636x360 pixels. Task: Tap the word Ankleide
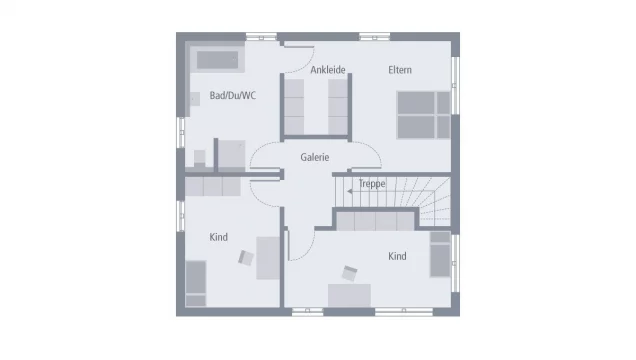pos(328,70)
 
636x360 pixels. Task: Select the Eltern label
pos(400,70)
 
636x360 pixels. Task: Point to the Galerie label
pos(315,157)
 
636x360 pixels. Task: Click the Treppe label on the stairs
pos(372,185)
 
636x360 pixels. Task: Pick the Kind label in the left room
pos(218,237)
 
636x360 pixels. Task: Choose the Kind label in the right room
pos(397,256)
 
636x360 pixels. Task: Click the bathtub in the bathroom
pos(218,60)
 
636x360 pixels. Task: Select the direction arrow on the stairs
pos(350,185)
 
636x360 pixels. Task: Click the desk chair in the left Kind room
pos(246,257)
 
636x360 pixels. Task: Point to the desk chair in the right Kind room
pos(350,272)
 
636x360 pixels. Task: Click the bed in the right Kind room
pos(440,254)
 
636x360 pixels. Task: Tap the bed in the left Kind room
pos(196,283)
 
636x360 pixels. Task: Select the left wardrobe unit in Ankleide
pos(294,105)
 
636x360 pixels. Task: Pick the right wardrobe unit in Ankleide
pos(338,105)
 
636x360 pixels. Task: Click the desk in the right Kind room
pos(349,293)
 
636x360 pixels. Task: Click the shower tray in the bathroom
pos(231,154)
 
